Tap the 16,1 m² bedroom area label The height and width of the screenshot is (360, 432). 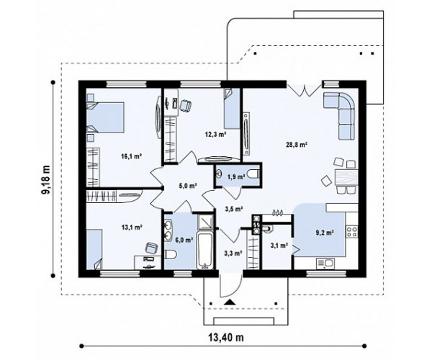tap(132, 156)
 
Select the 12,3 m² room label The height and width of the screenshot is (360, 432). tap(215, 134)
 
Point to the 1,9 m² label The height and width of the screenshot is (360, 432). tap(236, 177)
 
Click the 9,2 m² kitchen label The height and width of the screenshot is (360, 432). tap(325, 233)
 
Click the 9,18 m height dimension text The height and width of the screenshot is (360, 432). tap(46, 180)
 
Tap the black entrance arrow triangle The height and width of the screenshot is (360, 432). tap(230, 302)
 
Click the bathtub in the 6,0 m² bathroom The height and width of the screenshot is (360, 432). tap(204, 250)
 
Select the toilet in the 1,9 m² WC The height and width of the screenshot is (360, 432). tap(253, 174)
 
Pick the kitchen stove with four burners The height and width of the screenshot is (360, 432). tap(352, 231)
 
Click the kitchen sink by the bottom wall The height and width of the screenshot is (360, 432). tap(325, 263)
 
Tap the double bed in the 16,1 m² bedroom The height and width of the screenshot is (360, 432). tap(105, 117)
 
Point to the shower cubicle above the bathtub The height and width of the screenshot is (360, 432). tap(205, 222)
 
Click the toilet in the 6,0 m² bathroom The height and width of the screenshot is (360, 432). tap(170, 254)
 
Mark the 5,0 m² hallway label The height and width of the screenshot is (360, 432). tap(189, 186)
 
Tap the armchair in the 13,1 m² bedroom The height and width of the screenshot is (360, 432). tap(151, 248)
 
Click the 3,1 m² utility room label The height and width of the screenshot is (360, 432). tap(279, 245)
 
